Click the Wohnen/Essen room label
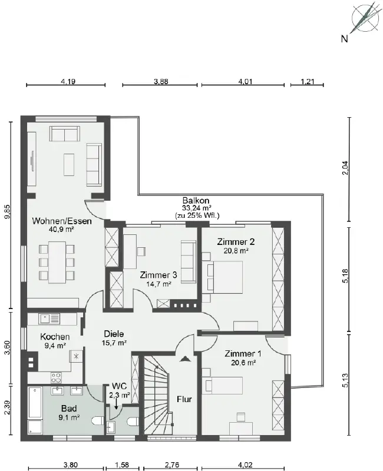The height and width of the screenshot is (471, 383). (x=62, y=221)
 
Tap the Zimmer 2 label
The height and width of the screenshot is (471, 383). (x=236, y=242)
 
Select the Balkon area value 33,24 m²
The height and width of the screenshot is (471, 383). (x=196, y=208)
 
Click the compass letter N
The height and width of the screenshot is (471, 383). (x=345, y=39)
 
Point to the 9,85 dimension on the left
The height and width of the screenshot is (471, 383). (x=8, y=212)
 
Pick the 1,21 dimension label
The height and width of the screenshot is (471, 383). (x=307, y=81)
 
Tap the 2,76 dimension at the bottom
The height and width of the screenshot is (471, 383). (x=172, y=465)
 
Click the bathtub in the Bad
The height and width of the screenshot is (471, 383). (x=35, y=403)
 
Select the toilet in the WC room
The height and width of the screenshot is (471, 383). (x=133, y=422)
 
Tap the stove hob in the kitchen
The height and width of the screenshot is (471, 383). (x=56, y=377)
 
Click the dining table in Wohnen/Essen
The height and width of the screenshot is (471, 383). (x=57, y=263)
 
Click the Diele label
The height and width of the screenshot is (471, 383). (x=114, y=334)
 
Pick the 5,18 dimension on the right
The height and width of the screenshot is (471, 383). (x=345, y=276)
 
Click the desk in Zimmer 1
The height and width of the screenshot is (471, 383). (x=241, y=428)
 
